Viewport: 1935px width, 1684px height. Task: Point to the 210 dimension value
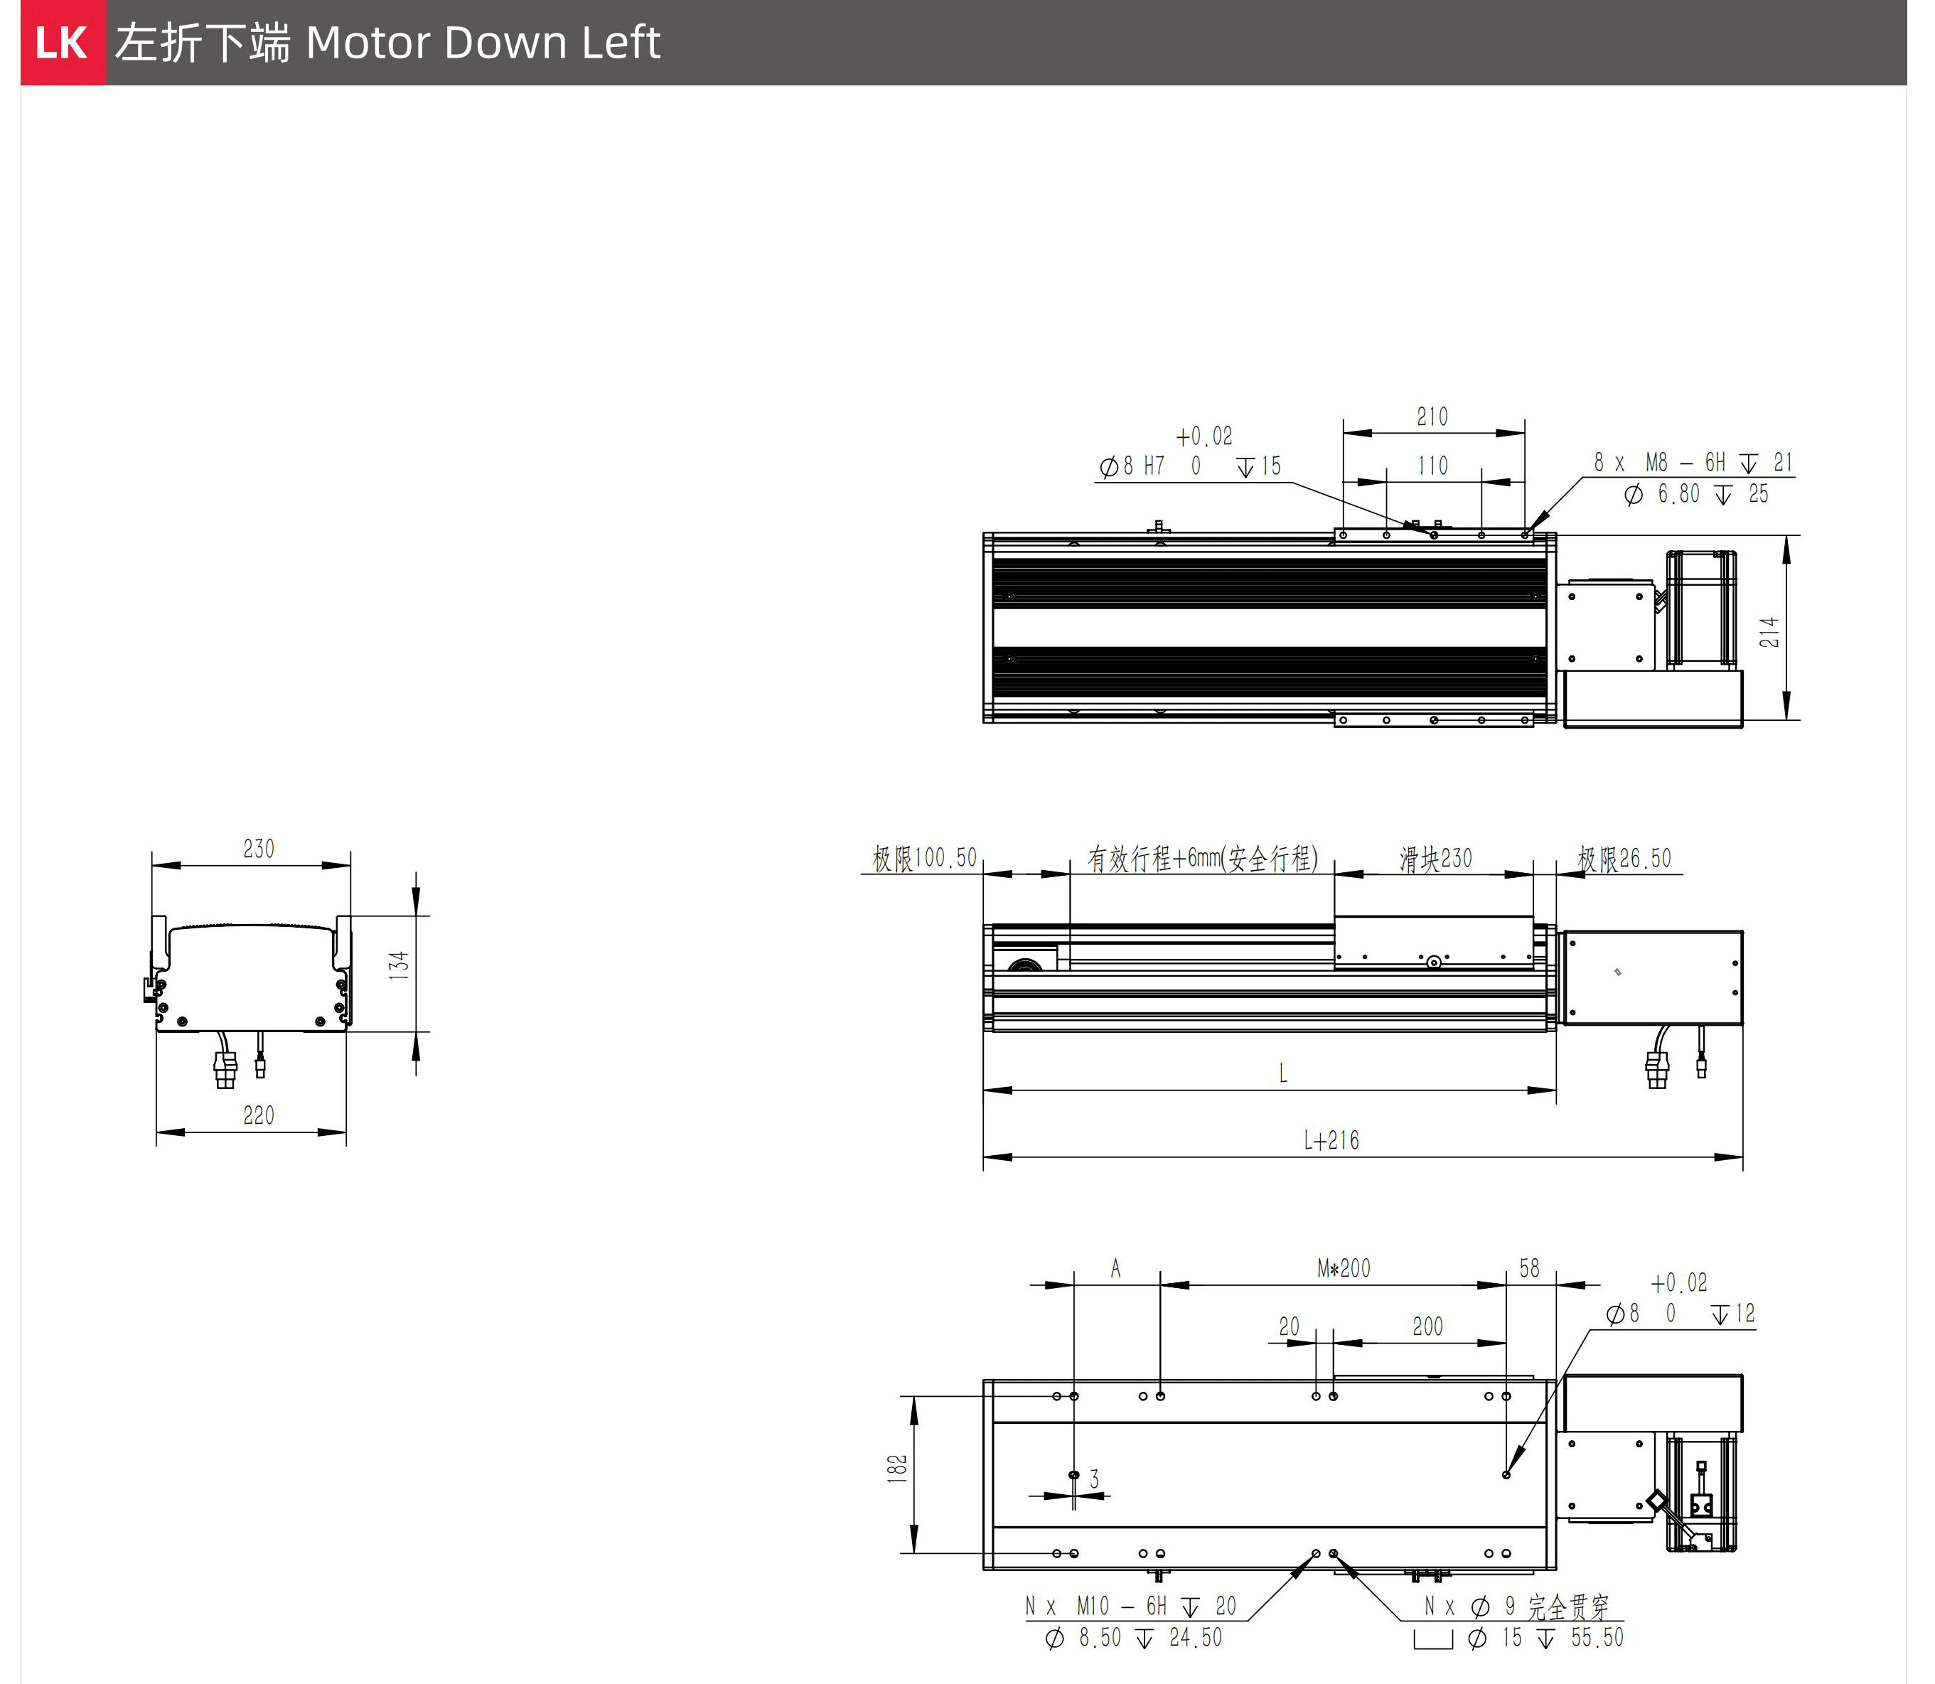coord(1432,417)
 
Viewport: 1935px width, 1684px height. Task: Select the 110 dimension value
coord(1432,465)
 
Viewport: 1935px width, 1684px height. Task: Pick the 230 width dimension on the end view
coord(259,849)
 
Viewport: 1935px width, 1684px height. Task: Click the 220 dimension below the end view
coord(259,1115)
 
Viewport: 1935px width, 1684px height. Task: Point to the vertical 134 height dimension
coord(400,965)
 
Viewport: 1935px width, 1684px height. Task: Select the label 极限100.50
coord(925,858)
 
